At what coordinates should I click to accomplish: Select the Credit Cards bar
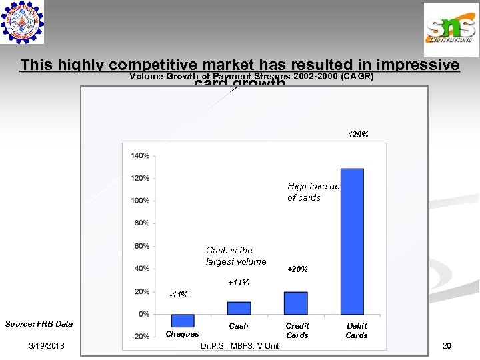(x=295, y=303)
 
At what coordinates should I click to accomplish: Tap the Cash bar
(x=239, y=308)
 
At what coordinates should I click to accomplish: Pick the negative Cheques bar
(x=182, y=320)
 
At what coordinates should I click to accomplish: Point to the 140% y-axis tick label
(x=140, y=155)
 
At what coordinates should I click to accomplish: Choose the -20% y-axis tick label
(x=141, y=337)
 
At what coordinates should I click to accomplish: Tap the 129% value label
(x=358, y=135)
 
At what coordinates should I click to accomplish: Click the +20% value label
(x=297, y=269)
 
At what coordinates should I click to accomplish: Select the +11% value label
(x=239, y=283)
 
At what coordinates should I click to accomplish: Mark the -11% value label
(x=179, y=294)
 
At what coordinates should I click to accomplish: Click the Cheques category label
(x=182, y=334)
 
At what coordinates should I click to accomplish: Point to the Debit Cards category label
(x=357, y=331)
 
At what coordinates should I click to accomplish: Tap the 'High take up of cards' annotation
(x=313, y=192)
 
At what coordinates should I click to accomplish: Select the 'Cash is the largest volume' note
(x=236, y=256)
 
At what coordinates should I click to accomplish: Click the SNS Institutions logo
(x=451, y=30)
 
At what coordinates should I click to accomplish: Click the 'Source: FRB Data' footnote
(x=39, y=324)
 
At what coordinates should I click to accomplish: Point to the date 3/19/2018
(x=47, y=345)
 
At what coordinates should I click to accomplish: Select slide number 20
(x=446, y=345)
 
